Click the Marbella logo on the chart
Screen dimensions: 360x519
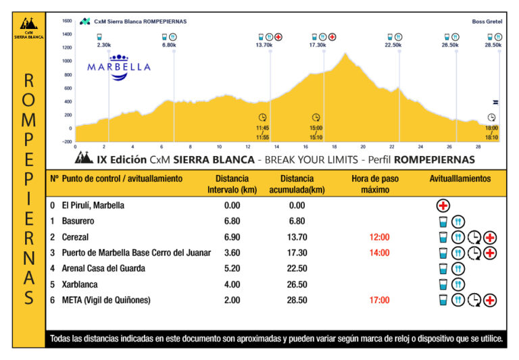click(119, 67)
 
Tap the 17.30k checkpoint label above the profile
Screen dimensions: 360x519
click(318, 45)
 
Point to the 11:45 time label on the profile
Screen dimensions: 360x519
click(263, 128)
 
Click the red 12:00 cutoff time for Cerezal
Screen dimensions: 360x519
click(379, 237)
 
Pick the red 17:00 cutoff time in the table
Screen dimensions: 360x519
click(379, 300)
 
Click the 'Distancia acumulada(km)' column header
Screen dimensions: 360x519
click(297, 184)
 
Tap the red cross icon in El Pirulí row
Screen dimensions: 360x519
click(443, 206)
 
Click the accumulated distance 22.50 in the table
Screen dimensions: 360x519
click(297, 269)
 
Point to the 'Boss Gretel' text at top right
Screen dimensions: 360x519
click(487, 22)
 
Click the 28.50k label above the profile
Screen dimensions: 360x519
click(493, 45)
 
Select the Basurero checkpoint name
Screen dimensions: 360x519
click(78, 222)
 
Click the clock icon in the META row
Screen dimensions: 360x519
click(475, 300)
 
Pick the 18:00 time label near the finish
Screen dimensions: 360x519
click(491, 128)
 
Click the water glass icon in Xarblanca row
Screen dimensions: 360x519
click(443, 284)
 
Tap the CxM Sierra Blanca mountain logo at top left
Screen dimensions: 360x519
click(29, 25)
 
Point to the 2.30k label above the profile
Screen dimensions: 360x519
click(104, 45)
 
